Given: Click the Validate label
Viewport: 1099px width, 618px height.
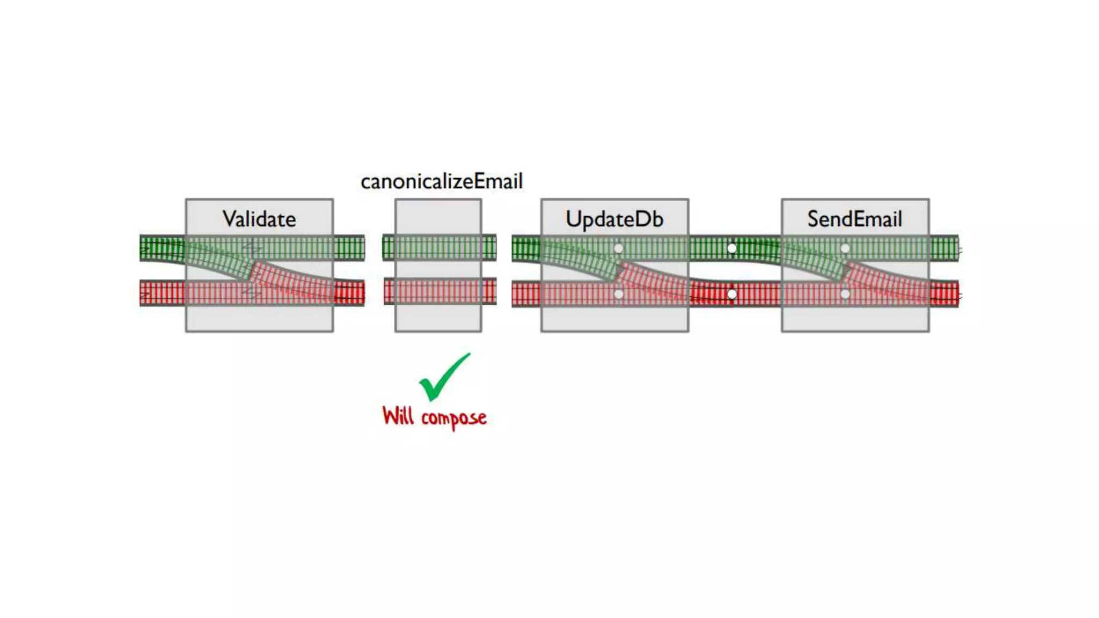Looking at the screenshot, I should (259, 219).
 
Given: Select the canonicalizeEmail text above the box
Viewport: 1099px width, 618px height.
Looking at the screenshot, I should (442, 181).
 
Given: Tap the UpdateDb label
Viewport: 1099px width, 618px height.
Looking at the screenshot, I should (614, 219).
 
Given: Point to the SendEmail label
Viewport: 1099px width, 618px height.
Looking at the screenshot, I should (854, 219).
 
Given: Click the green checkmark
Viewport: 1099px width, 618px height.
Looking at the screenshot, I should (444, 378).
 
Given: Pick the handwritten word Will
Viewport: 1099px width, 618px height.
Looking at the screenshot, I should (398, 416).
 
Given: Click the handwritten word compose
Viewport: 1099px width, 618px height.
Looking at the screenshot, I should (453, 418).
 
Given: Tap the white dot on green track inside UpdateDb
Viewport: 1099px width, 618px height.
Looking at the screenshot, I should (618, 248).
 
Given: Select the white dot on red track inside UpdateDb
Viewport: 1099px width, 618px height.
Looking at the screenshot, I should (618, 294).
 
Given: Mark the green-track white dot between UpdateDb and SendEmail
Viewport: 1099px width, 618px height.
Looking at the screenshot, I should (732, 248).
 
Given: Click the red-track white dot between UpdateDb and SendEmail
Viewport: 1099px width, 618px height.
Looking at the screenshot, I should (732, 294).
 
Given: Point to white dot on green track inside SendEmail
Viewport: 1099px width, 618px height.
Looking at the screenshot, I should (845, 248).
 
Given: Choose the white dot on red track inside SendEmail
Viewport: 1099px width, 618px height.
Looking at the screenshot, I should (845, 294).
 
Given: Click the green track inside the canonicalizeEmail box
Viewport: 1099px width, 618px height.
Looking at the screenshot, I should (438, 248).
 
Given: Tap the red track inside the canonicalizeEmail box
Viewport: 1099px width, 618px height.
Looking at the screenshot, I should (438, 292).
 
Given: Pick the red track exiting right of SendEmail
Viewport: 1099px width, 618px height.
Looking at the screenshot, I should (944, 294).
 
